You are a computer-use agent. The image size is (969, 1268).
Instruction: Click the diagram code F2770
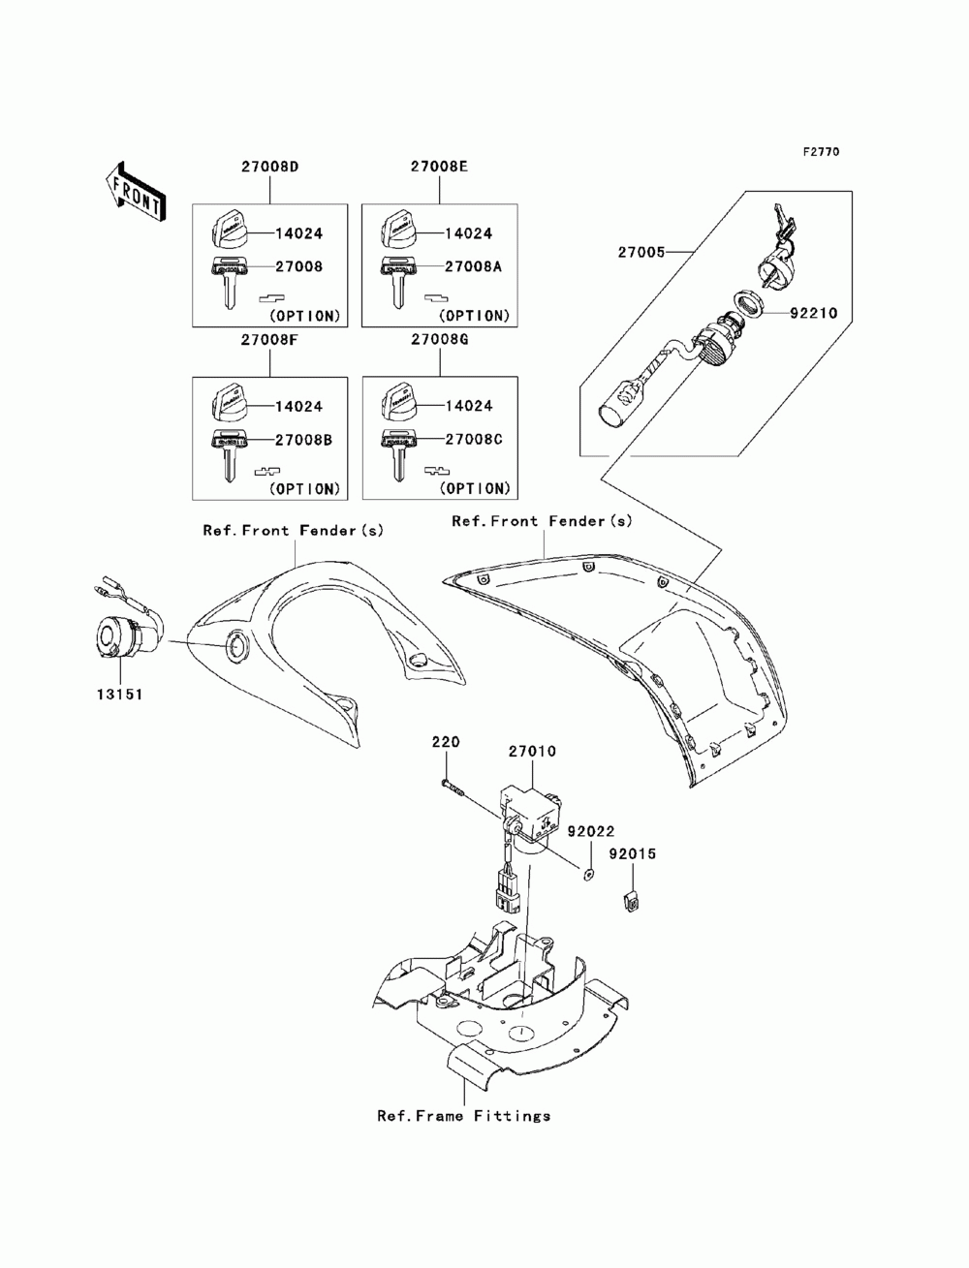click(x=821, y=152)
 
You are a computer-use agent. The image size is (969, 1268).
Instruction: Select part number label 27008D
click(x=269, y=167)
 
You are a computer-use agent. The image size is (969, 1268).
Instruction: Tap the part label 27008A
click(x=473, y=266)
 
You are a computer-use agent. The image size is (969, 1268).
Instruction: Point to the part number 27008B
click(x=303, y=440)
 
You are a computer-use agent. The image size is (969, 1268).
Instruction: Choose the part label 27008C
click(x=473, y=439)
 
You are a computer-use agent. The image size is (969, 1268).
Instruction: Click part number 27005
click(x=641, y=253)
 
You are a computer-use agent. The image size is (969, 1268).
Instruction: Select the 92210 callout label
click(x=814, y=313)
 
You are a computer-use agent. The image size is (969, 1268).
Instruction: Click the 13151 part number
click(x=119, y=695)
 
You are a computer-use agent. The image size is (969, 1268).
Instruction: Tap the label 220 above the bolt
click(x=446, y=742)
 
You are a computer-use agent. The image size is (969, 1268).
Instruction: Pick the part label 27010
click(x=532, y=752)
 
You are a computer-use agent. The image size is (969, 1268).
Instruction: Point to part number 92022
click(x=591, y=831)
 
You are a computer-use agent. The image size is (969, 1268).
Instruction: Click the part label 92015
click(x=633, y=853)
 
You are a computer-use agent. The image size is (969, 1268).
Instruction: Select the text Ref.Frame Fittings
click(x=463, y=1116)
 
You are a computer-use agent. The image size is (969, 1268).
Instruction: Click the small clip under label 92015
click(x=633, y=900)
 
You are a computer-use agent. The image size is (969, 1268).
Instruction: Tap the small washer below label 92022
click(x=589, y=876)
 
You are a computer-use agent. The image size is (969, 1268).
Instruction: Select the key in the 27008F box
click(x=230, y=455)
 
